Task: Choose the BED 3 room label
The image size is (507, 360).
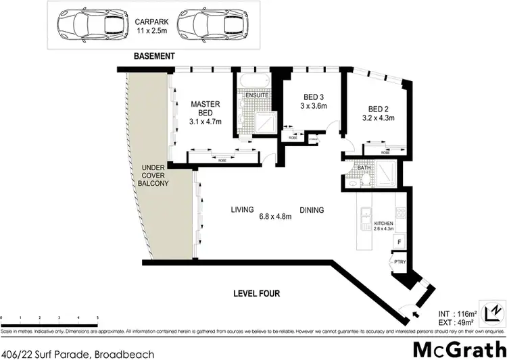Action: point(313,101)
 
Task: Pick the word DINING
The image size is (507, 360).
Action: point(312,210)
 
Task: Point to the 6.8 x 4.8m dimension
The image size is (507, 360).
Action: point(275,217)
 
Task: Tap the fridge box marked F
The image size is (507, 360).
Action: point(399,242)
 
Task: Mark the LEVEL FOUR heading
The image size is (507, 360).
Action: point(256,294)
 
